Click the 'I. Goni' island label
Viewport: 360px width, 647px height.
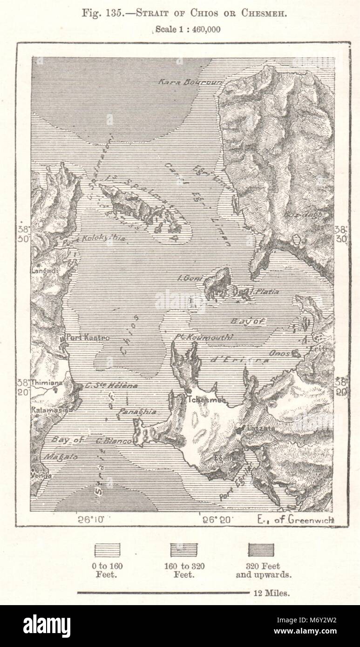click(x=191, y=278)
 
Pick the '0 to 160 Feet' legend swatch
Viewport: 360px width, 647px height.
click(x=107, y=550)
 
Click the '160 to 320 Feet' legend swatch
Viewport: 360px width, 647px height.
click(x=183, y=550)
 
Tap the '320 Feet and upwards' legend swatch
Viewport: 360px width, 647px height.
click(x=261, y=550)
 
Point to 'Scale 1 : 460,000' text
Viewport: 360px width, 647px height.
click(x=188, y=29)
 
